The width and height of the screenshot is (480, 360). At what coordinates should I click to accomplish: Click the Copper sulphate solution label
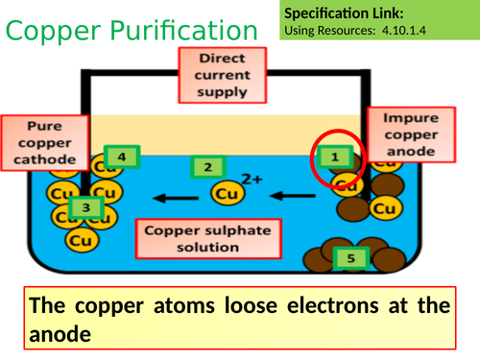(207, 238)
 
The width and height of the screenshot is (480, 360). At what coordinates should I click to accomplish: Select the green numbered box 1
(335, 156)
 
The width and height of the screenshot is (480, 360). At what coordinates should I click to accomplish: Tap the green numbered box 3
(85, 206)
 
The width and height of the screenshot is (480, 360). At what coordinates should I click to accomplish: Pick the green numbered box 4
(121, 156)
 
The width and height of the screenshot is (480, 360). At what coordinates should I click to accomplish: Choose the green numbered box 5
(348, 257)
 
